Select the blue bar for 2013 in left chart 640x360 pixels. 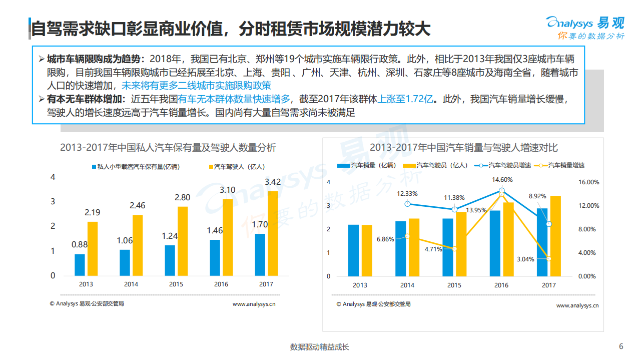point(80,265)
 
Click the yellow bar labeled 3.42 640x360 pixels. point(273,233)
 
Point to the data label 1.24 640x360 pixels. point(170,236)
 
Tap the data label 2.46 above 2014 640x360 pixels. point(137,205)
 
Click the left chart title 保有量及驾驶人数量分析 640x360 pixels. point(168,148)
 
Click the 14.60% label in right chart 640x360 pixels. point(501,179)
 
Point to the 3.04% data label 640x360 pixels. point(525,259)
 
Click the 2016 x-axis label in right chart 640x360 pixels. point(501,285)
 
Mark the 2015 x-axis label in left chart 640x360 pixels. point(176,284)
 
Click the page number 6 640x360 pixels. point(621,346)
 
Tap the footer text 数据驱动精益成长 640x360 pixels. point(320,347)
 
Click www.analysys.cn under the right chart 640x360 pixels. point(577,305)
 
